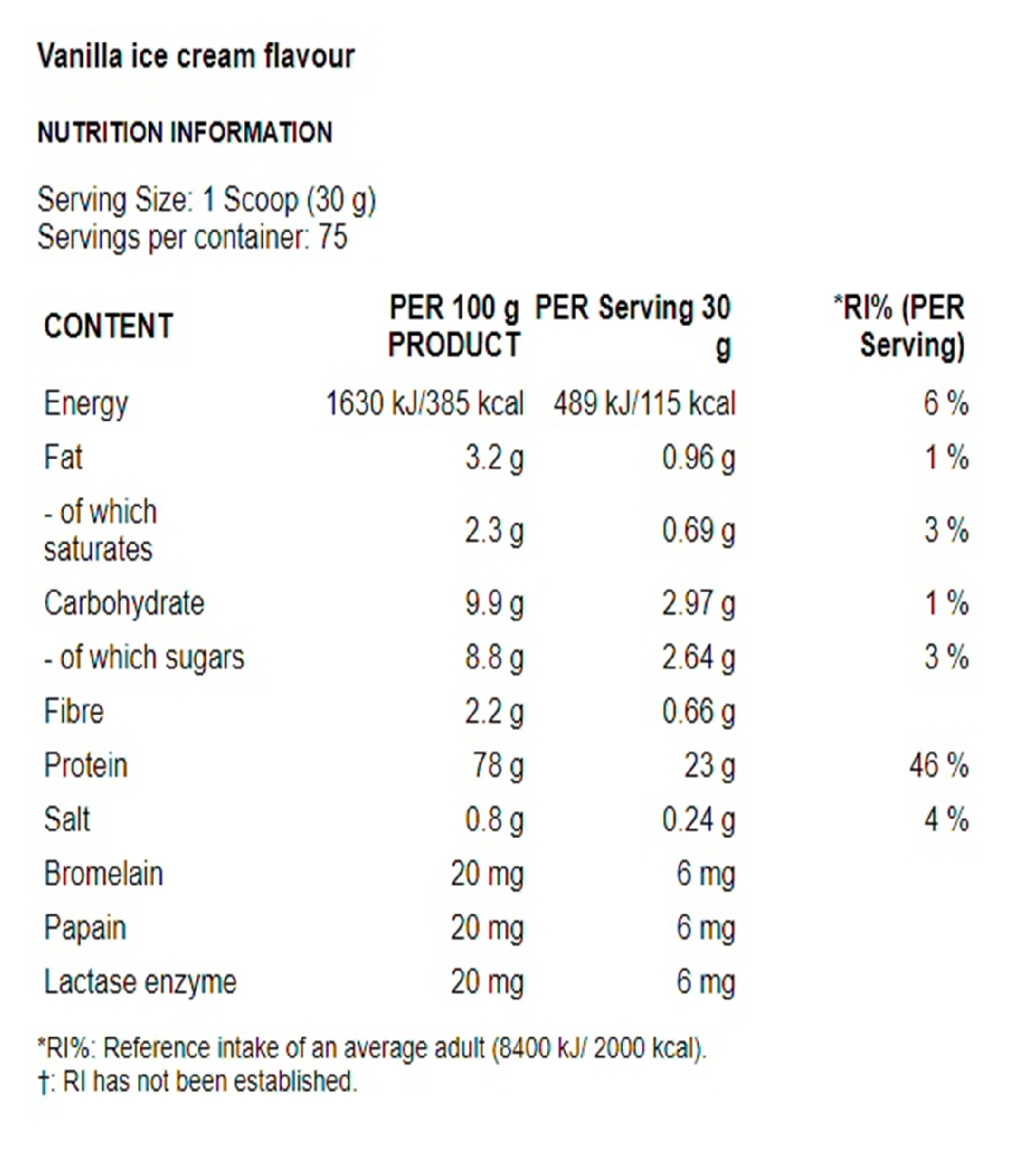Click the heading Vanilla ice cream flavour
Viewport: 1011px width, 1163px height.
pyautogui.click(x=196, y=56)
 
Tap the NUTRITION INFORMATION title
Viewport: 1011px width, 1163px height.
pyautogui.click(x=185, y=133)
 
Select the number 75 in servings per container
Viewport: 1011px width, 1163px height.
pyautogui.click(x=333, y=238)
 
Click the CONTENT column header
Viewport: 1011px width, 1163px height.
pyautogui.click(x=108, y=327)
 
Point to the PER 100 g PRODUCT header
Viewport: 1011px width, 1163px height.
pyautogui.click(x=454, y=326)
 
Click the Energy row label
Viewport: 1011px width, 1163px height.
pyautogui.click(x=86, y=403)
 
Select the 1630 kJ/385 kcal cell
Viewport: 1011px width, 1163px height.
pyautogui.click(x=425, y=403)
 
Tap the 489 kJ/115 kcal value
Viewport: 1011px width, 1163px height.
pyautogui.click(x=645, y=403)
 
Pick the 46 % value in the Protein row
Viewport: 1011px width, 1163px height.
pyautogui.click(x=938, y=765)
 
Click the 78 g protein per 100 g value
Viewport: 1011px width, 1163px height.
pyautogui.click(x=498, y=765)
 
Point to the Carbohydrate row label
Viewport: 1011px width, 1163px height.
pyautogui.click(x=124, y=603)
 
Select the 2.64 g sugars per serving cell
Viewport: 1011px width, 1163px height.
pyautogui.click(x=698, y=657)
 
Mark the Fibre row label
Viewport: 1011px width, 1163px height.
pyautogui.click(x=73, y=712)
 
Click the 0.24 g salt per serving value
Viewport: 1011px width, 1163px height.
pyautogui.click(x=698, y=820)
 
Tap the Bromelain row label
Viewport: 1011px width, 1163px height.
pyautogui.click(x=103, y=874)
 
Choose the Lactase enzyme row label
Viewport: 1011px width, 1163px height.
pyautogui.click(x=140, y=982)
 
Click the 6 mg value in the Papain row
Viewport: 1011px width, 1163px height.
pyautogui.click(x=705, y=929)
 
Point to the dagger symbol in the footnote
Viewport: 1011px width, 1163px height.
pyautogui.click(x=43, y=1082)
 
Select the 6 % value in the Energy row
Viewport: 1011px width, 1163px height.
pyautogui.click(x=945, y=403)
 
